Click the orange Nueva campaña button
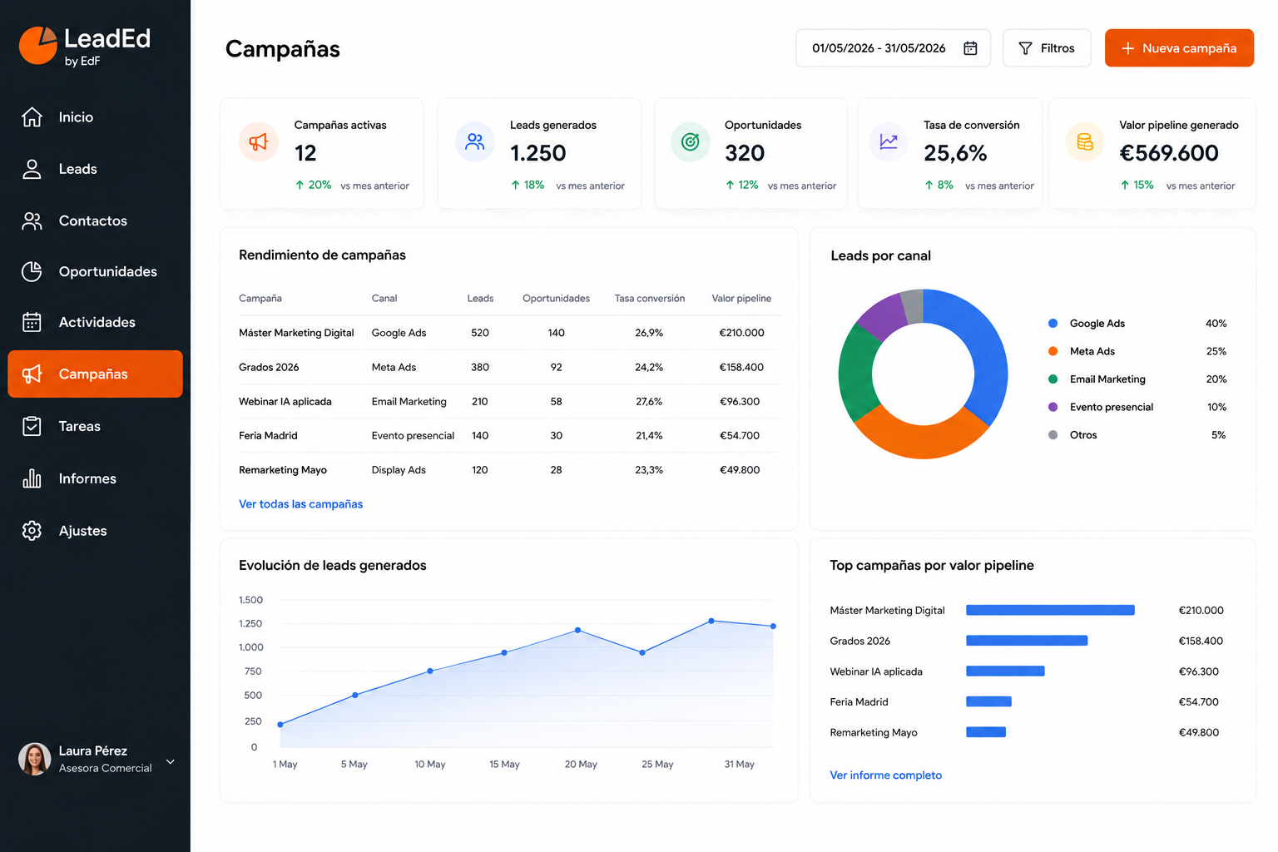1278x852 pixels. coord(1179,48)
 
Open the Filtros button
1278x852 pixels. coord(1047,48)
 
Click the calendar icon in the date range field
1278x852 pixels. coord(970,48)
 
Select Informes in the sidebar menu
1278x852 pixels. coord(87,478)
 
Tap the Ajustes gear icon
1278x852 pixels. coord(32,531)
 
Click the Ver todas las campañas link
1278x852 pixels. coord(300,504)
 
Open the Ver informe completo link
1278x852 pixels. coord(885,775)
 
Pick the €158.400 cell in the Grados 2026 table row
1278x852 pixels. coord(741,367)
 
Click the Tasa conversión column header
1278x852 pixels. coord(649,298)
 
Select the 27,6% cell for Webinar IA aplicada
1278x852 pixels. coord(649,401)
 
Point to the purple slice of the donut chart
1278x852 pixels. coord(881,317)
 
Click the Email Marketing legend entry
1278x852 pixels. coord(1107,379)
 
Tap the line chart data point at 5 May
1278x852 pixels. coord(355,695)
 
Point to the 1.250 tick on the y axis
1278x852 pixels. coord(250,623)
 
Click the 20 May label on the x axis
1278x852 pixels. coord(581,764)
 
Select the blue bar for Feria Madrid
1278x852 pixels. coord(988,701)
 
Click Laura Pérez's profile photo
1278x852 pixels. coord(35,759)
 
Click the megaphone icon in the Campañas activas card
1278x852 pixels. coord(259,141)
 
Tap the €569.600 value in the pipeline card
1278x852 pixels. coord(1168,153)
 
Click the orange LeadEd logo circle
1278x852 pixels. coord(37,46)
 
